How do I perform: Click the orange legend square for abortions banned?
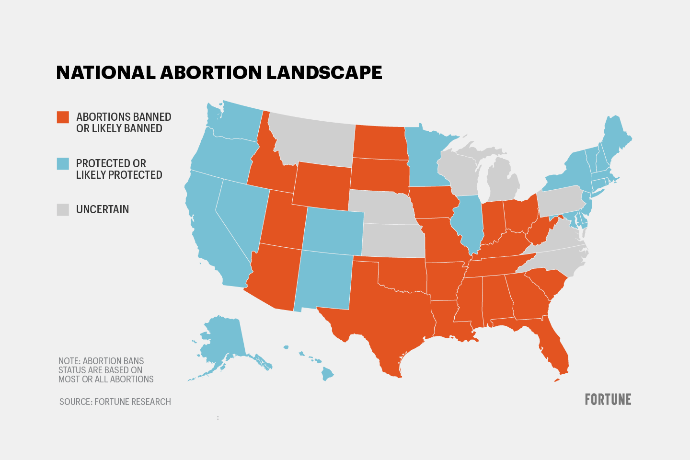(x=63, y=117)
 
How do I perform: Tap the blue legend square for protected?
(x=63, y=163)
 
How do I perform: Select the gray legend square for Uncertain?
(x=63, y=209)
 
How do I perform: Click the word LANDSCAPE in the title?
(x=324, y=72)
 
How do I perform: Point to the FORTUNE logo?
(x=608, y=400)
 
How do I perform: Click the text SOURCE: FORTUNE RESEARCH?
(x=115, y=402)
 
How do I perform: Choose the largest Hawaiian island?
(x=327, y=373)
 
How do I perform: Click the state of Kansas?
(x=393, y=240)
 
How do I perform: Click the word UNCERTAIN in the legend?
(x=102, y=209)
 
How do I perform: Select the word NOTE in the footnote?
(x=69, y=361)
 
